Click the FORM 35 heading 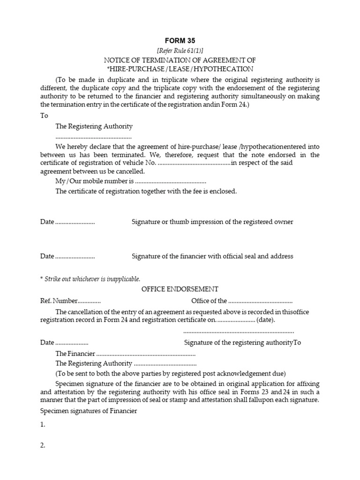pos(180,41)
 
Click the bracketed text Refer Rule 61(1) pos(180,51)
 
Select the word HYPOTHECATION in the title pos(227,69)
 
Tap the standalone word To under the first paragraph pos(44,115)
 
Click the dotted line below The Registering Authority pos(93,137)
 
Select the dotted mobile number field pos(171,181)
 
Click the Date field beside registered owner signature pos(75,222)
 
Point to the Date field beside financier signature pos(75,256)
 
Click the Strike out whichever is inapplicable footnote pos(92,278)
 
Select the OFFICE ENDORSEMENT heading pos(180,289)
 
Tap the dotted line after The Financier pos(146,354)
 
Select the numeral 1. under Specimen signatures pos(43,425)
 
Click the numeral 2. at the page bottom pos(43,446)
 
